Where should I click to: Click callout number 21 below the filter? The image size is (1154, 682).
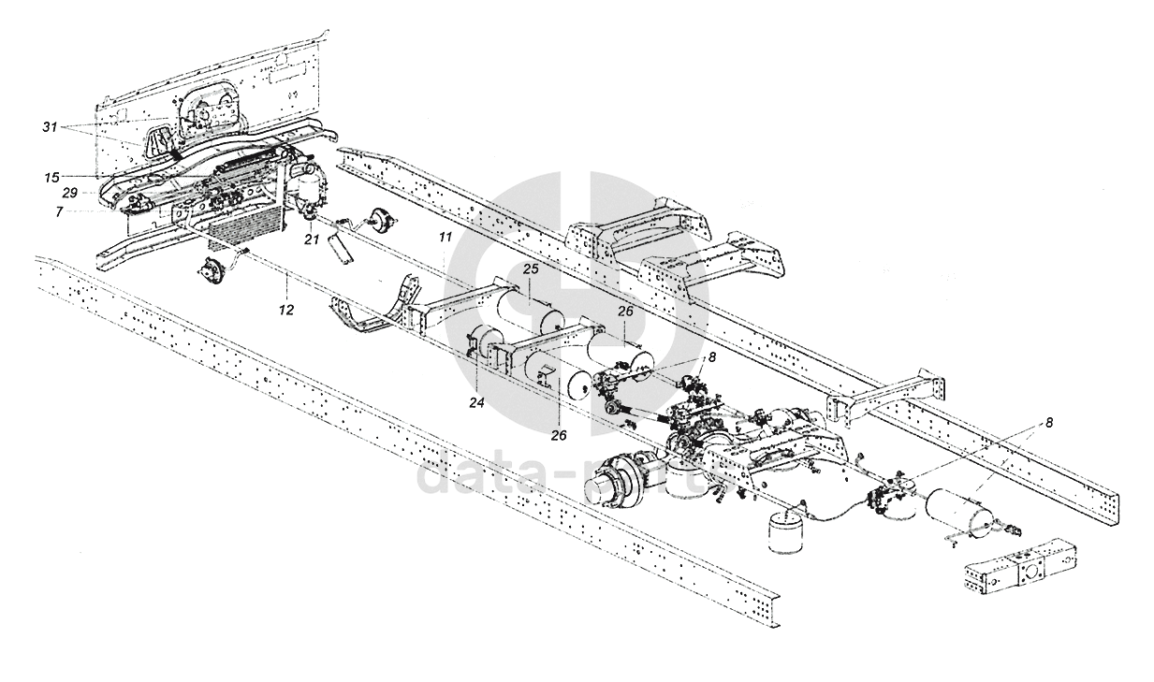click(x=312, y=240)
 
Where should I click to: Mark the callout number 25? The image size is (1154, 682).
click(x=529, y=269)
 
